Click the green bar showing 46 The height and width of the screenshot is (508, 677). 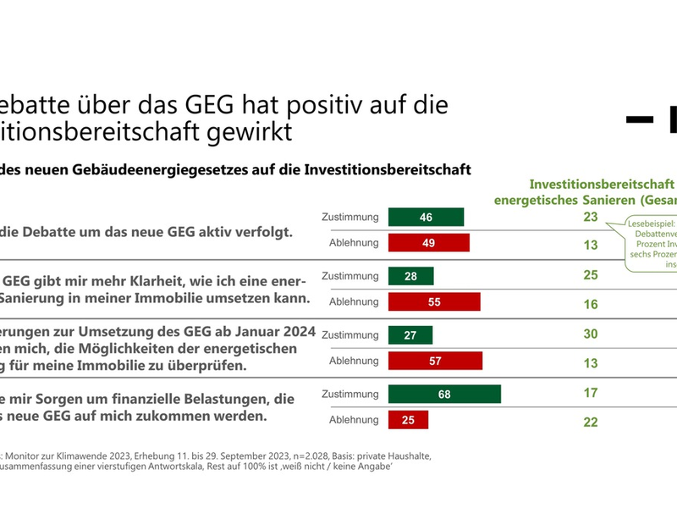(426, 218)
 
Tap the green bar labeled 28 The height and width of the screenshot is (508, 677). (410, 276)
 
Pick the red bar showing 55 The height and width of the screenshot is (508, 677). (433, 302)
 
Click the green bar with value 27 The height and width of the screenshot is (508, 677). (410, 335)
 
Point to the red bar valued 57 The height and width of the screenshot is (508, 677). (435, 362)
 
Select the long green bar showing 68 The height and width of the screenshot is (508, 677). (444, 394)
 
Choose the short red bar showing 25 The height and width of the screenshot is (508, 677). (408, 420)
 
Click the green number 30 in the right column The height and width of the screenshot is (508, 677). (591, 334)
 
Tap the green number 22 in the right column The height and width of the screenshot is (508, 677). (591, 422)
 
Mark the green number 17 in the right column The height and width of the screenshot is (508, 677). (591, 393)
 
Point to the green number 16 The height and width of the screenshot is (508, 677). (591, 304)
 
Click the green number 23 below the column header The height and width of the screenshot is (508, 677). (591, 217)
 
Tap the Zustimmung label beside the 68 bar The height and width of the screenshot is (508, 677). (350, 394)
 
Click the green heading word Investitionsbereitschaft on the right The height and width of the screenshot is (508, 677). (601, 183)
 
